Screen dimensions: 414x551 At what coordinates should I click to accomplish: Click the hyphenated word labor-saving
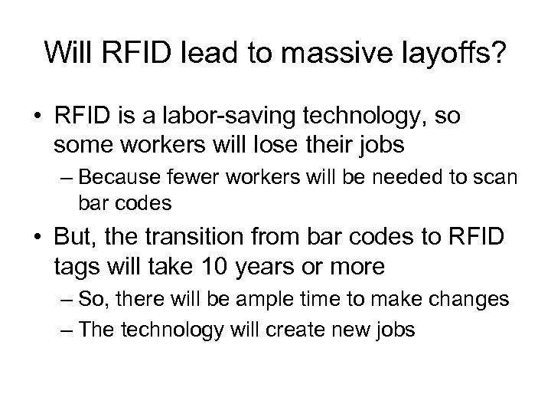click(x=220, y=117)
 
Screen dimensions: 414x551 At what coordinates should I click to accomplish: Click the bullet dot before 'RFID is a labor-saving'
click(x=37, y=117)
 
